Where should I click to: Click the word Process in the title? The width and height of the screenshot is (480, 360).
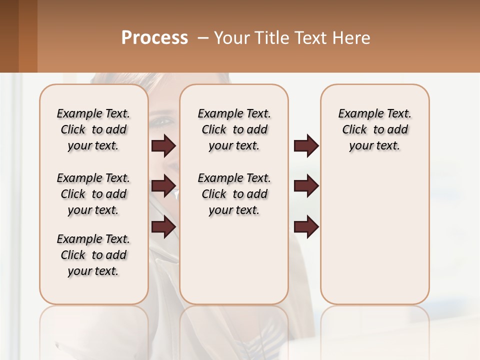[154, 38]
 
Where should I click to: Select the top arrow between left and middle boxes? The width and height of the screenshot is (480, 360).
[163, 146]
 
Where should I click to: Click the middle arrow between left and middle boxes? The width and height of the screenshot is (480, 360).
[163, 186]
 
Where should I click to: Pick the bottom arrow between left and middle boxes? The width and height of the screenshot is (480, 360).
[163, 227]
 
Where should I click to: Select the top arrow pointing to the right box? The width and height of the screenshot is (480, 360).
[306, 146]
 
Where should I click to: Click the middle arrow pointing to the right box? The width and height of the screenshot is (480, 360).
[306, 186]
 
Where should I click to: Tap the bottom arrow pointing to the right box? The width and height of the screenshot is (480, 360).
[306, 227]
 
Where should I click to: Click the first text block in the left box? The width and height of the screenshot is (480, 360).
[93, 129]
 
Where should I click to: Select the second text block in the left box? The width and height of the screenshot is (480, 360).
[93, 194]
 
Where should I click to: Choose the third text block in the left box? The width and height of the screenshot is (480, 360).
[93, 255]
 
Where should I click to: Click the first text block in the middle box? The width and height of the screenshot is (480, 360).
[234, 129]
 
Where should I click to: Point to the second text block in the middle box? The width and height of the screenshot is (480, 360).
[234, 194]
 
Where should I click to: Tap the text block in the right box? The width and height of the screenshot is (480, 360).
[374, 129]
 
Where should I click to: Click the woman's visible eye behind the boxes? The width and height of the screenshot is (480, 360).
[163, 121]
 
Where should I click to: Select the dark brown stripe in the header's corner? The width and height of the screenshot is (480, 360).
[9, 36]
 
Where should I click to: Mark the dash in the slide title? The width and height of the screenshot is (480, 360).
[202, 38]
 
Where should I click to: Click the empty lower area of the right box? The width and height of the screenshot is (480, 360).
[374, 235]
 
